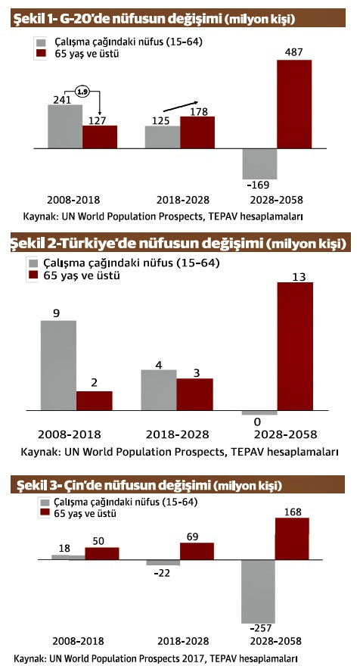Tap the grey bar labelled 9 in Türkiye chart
pyautogui.click(x=58, y=366)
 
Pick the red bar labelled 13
pyautogui.click(x=294, y=347)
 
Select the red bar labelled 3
pyautogui.click(x=195, y=394)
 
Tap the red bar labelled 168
pyautogui.click(x=292, y=539)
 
